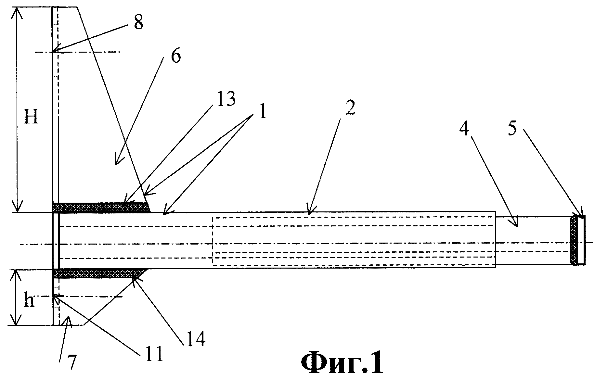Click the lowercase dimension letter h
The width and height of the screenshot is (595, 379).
pos(29,301)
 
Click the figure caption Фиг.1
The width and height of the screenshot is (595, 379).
pos(342,364)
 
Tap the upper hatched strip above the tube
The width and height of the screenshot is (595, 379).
pos(101,208)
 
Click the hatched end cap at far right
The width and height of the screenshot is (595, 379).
pos(574,240)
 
